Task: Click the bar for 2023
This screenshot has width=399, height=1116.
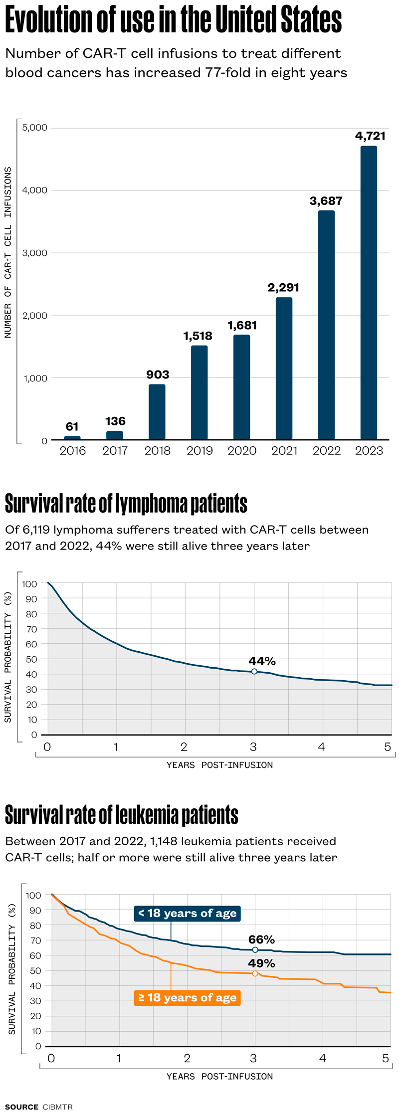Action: click(x=369, y=293)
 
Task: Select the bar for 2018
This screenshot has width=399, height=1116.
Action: click(x=157, y=412)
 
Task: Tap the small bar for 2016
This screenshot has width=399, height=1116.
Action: click(x=72, y=438)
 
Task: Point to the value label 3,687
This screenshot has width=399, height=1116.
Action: click(x=326, y=201)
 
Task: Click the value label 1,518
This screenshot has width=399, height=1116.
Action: click(x=198, y=336)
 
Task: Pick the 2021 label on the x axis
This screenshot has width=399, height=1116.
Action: click(x=284, y=451)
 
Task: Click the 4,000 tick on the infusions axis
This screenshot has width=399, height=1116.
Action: click(x=35, y=190)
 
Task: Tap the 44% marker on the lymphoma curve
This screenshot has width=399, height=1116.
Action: click(x=254, y=672)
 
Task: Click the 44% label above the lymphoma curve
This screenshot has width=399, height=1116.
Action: click(x=262, y=661)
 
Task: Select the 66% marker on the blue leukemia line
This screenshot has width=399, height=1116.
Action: click(x=255, y=950)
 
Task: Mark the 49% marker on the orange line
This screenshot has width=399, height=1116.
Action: click(x=255, y=973)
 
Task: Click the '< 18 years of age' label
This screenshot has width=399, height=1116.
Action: click(x=188, y=914)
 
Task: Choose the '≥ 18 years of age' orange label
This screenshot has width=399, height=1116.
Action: click(x=188, y=998)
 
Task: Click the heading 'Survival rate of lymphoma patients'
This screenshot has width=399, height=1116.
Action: click(x=126, y=504)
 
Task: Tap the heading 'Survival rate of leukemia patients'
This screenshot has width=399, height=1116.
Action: click(x=122, y=815)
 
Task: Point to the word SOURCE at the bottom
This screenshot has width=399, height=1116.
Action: click(x=22, y=1107)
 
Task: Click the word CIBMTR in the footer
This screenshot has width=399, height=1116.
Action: click(x=58, y=1107)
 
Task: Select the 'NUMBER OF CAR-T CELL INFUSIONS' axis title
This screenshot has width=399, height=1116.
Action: click(x=8, y=252)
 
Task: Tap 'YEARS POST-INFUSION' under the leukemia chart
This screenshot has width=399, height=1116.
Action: click(x=219, y=1077)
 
